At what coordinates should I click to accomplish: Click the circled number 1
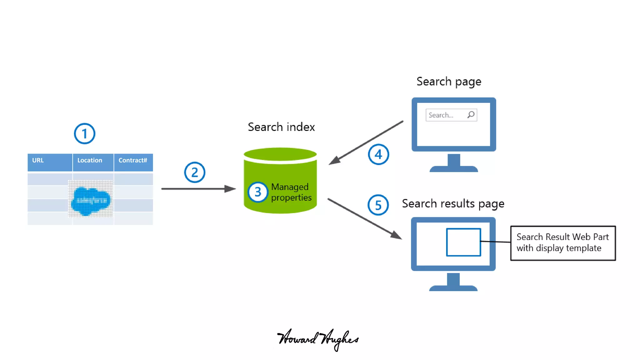(x=84, y=134)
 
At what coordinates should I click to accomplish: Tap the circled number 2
(x=194, y=172)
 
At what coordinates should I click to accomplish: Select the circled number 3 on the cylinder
(x=257, y=192)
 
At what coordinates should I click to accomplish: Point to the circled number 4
(x=378, y=154)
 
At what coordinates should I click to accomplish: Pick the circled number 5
(x=378, y=205)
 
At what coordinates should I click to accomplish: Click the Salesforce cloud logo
(x=91, y=200)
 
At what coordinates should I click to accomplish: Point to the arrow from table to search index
(x=198, y=189)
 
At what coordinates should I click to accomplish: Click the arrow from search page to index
(x=366, y=143)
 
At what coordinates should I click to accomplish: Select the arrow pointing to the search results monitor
(x=364, y=219)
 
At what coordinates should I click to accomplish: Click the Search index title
(x=281, y=127)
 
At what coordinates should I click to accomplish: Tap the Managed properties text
(x=291, y=192)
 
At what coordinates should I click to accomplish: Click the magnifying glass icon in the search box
(x=471, y=115)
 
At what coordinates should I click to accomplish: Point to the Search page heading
(x=449, y=82)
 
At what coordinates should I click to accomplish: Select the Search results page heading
(x=453, y=204)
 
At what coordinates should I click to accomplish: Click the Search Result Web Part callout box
(x=563, y=243)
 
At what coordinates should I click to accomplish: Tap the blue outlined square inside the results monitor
(x=463, y=242)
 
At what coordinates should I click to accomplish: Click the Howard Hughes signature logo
(x=318, y=339)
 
